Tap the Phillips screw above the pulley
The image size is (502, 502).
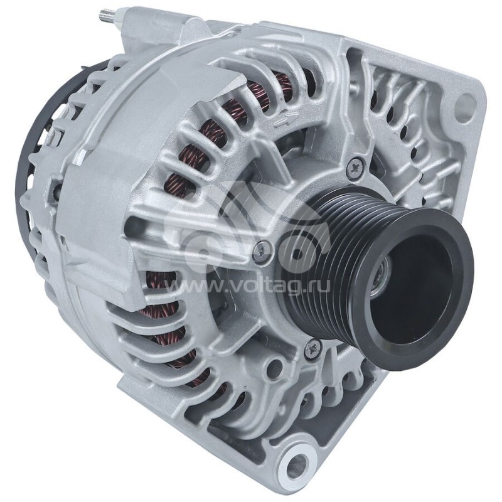point(357,166)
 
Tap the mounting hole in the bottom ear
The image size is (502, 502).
point(296,466)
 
